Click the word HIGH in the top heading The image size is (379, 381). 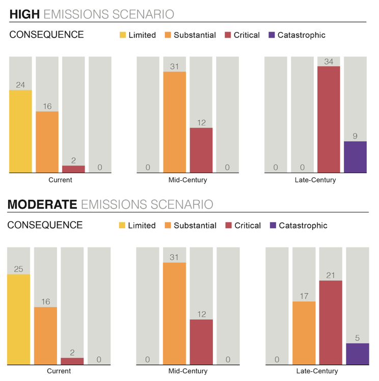point(24,14)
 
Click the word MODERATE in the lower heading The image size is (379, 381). point(42,205)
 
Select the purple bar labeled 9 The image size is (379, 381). point(355,157)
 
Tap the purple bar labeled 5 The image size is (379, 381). point(357,354)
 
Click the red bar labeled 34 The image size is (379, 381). point(329,119)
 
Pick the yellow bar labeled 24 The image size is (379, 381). point(20,131)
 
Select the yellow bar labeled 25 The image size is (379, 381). point(18,319)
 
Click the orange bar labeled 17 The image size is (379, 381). point(304,333)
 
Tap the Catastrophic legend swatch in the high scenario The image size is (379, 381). point(271,35)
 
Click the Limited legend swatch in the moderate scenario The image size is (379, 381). point(122,225)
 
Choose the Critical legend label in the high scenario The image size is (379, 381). point(247,35)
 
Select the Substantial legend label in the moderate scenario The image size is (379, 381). point(195,225)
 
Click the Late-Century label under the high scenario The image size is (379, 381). point(315,180)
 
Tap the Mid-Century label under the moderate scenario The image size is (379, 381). point(187,371)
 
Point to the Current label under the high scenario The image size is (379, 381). point(60,180)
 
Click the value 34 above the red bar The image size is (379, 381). point(329,62)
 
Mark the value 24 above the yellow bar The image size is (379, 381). point(20,85)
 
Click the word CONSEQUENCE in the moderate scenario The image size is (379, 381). point(45,225)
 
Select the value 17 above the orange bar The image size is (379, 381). point(304,295)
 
